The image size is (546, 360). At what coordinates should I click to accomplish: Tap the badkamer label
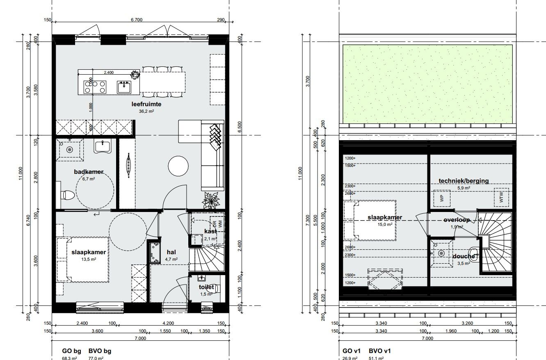click(x=89, y=171)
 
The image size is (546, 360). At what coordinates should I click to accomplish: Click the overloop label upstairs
click(x=456, y=220)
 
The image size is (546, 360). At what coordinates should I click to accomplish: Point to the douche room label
click(x=464, y=257)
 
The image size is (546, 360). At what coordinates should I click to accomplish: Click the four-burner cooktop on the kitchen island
click(x=95, y=87)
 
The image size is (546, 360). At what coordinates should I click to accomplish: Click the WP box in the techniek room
click(x=442, y=198)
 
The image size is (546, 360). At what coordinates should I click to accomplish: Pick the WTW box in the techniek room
click(x=501, y=198)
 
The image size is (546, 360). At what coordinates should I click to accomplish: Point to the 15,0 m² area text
click(x=384, y=224)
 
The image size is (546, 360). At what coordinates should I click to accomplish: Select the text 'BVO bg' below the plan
click(x=100, y=351)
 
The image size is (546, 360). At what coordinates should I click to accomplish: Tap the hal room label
click(x=171, y=252)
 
